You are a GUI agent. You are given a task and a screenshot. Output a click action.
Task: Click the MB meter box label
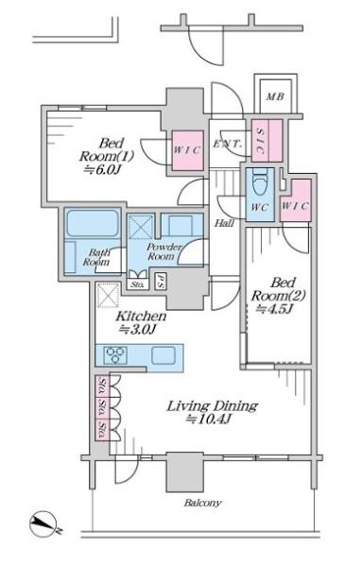(275, 96)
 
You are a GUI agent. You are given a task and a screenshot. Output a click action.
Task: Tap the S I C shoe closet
(267, 141)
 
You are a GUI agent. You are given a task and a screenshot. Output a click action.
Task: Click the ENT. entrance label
(227, 144)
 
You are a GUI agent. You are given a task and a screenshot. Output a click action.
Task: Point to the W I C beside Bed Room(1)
(187, 150)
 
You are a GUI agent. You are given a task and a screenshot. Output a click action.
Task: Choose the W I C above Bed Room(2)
(296, 200)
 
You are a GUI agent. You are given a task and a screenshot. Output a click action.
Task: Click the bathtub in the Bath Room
(93, 223)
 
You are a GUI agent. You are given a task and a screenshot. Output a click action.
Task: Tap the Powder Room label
(163, 252)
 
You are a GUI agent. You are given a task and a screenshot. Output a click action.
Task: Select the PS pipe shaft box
(160, 281)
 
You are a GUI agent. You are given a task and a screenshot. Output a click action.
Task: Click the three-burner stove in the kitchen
(115, 354)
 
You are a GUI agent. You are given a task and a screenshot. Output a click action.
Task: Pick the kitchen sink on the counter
(164, 355)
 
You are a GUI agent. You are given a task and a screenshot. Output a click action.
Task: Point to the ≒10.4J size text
(208, 420)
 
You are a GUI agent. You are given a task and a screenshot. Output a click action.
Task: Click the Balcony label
(202, 503)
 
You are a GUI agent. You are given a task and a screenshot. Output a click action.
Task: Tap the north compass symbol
(44, 524)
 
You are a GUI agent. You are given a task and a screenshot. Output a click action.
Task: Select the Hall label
(224, 223)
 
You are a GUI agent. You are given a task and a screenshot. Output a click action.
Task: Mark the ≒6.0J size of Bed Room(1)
(102, 169)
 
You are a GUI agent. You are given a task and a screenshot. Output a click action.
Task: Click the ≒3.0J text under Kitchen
(138, 329)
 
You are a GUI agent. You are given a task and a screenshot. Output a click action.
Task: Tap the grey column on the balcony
(184, 472)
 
